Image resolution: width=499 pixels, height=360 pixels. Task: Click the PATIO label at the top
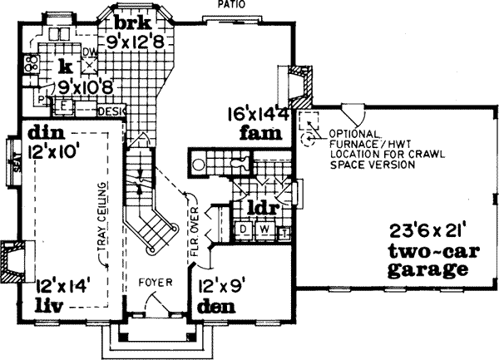point(232,5)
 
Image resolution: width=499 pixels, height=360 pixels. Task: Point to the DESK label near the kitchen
point(111,110)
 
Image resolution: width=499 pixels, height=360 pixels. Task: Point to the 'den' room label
point(218,306)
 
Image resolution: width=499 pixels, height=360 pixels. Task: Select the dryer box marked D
point(245,228)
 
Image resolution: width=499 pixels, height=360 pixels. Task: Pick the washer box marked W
point(264,228)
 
